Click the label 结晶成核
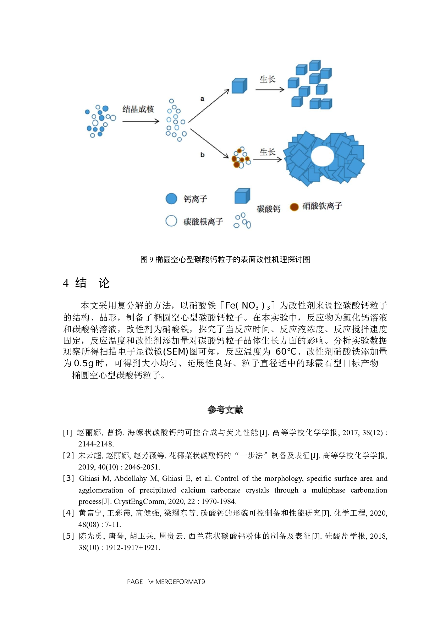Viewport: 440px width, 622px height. [x=138, y=109]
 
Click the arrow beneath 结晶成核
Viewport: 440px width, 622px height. [x=141, y=121]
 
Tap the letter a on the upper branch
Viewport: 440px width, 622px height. [x=202, y=99]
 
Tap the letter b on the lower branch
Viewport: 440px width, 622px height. [x=202, y=155]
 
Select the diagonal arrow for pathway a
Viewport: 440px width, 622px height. [x=209, y=106]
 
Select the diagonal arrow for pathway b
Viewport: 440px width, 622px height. [x=209, y=143]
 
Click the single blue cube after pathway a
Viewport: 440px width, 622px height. [x=239, y=86]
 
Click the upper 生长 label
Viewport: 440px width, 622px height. [x=267, y=79]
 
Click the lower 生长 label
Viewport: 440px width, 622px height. [x=267, y=152]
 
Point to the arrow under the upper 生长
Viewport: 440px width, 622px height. [x=270, y=90]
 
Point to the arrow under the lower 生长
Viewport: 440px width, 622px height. [x=267, y=160]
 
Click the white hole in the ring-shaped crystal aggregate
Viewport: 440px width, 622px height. [x=322, y=156]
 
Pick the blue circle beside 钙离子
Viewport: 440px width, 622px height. [x=171, y=199]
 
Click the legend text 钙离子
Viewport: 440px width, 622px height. [x=195, y=199]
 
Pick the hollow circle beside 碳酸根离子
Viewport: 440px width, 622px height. [x=171, y=221]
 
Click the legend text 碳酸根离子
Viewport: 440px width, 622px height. [x=203, y=222]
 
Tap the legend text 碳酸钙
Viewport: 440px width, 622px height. [x=269, y=209]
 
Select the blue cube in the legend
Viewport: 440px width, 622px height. [x=242, y=196]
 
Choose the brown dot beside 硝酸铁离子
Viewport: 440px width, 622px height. [x=294, y=207]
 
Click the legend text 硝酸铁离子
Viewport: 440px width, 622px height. [x=322, y=206]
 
